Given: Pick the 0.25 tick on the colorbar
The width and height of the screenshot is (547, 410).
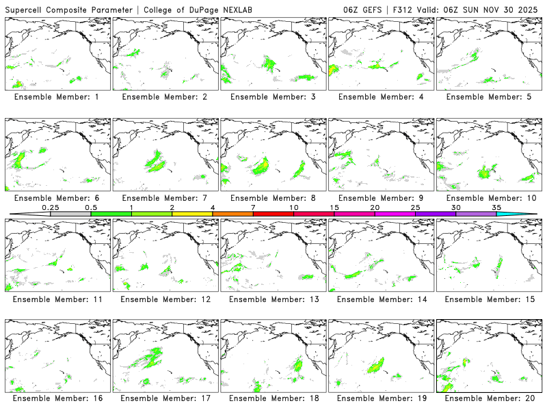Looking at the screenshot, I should [50, 207].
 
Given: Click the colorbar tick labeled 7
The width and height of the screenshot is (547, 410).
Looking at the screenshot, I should [253, 207].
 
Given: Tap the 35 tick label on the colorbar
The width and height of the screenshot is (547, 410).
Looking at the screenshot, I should [496, 207].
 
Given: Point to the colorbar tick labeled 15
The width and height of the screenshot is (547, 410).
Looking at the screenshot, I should [334, 207].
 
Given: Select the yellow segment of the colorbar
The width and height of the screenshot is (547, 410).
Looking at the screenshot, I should [192, 214].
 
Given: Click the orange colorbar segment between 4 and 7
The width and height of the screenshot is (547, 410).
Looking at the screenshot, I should [232, 214].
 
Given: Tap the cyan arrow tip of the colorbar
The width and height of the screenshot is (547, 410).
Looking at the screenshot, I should [527, 214].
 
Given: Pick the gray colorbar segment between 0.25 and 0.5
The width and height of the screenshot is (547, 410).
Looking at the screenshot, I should [70, 214].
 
